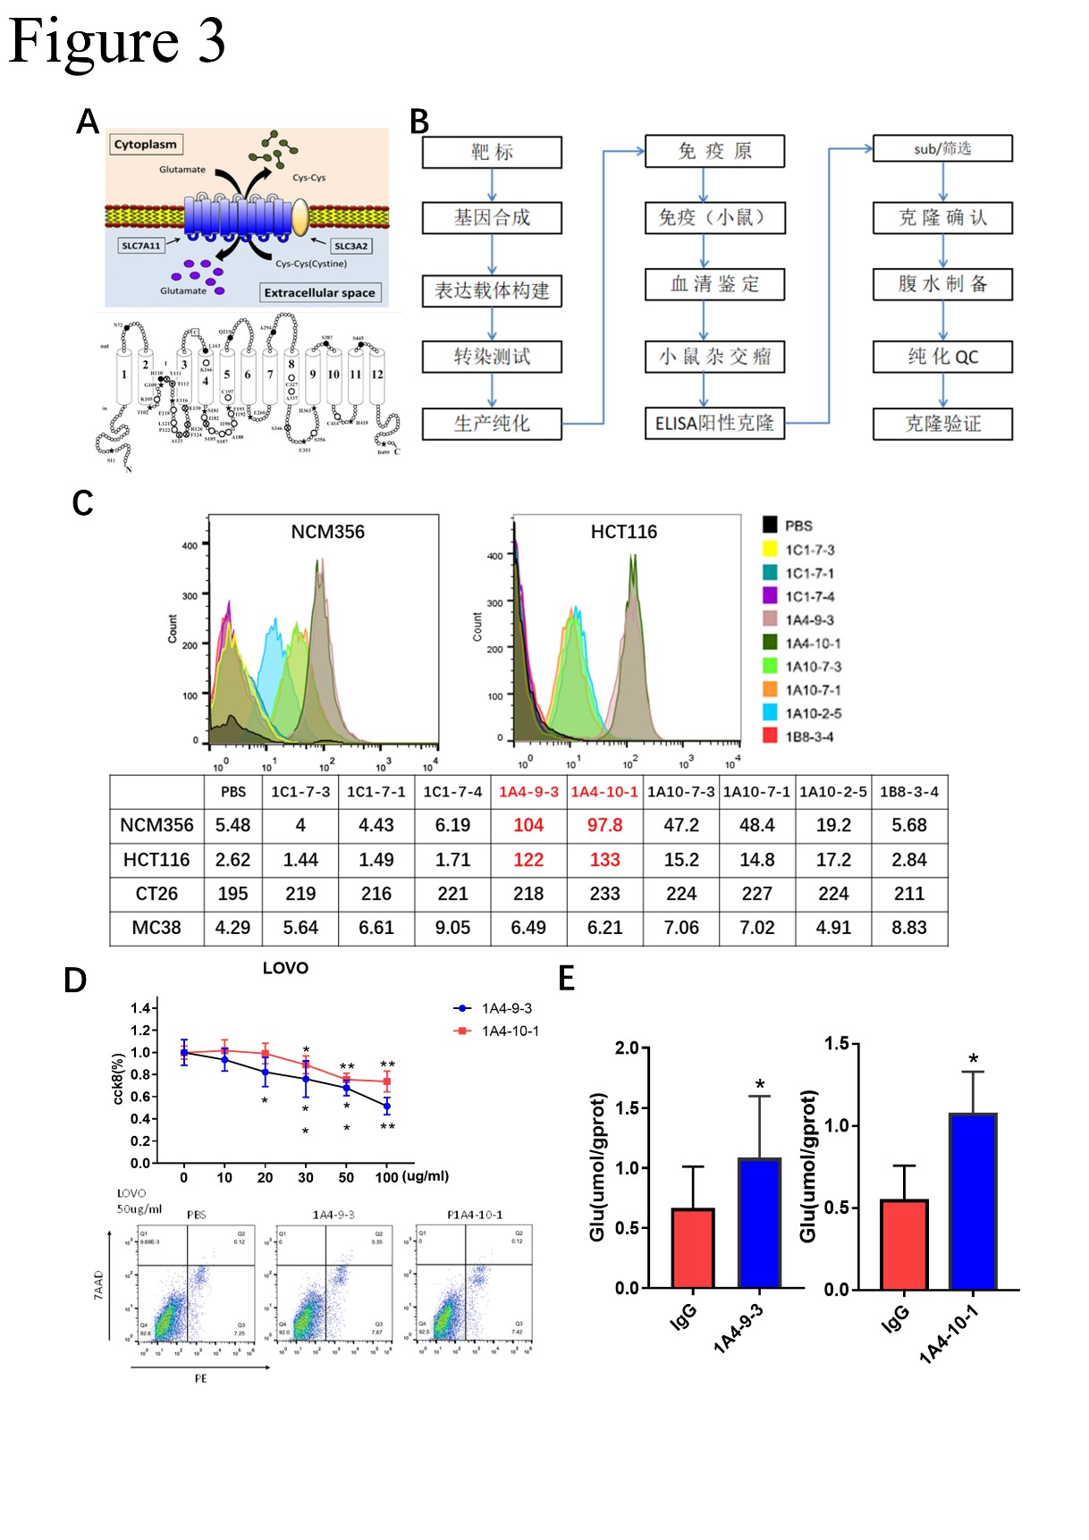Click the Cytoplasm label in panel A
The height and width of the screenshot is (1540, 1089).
pyautogui.click(x=146, y=144)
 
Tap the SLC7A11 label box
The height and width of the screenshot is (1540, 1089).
pyautogui.click(x=141, y=245)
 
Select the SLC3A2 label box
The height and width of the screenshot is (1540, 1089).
pyautogui.click(x=350, y=246)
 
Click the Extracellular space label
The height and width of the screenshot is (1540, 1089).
pyautogui.click(x=319, y=292)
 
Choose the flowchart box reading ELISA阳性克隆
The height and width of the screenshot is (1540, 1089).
pyautogui.click(x=714, y=423)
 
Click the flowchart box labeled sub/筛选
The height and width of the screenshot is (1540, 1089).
pyautogui.click(x=942, y=148)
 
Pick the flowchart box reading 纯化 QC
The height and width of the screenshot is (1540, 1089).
pyautogui.click(x=942, y=357)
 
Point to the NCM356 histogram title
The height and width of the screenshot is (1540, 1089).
pyautogui.click(x=327, y=532)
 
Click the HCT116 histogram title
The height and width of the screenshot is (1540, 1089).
pyautogui.click(x=623, y=532)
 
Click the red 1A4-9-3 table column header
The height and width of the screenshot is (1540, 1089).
pyautogui.click(x=528, y=792)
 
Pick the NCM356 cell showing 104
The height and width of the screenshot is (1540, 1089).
pyautogui.click(x=528, y=825)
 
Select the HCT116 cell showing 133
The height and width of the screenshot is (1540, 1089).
pyautogui.click(x=604, y=860)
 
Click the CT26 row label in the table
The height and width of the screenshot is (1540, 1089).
pyautogui.click(x=156, y=894)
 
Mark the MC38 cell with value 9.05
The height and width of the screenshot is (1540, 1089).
pyautogui.click(x=452, y=928)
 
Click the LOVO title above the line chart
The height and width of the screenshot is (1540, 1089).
pyautogui.click(x=285, y=968)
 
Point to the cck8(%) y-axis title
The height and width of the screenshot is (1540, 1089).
pyautogui.click(x=118, y=1079)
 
